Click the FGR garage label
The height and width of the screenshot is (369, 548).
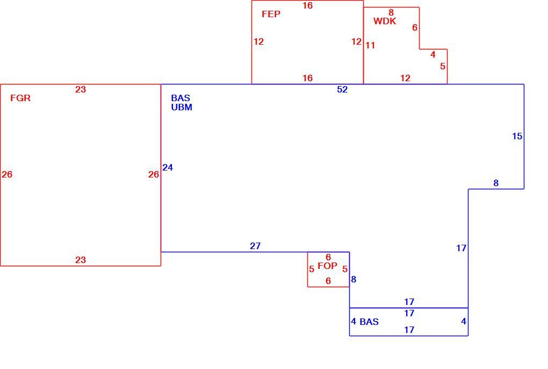pyautogui.click(x=20, y=98)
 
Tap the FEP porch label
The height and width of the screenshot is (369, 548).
pyautogui.click(x=271, y=14)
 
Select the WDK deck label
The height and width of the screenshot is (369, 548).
pyautogui.click(x=385, y=21)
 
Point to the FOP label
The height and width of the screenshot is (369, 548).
pyautogui.click(x=327, y=266)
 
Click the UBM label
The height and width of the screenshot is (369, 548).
pyautogui.click(x=182, y=107)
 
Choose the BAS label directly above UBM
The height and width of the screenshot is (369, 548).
pyautogui.click(x=181, y=98)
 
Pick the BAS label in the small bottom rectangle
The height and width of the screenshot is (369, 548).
pyautogui.click(x=369, y=322)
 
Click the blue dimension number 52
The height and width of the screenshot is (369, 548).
pyautogui.click(x=342, y=89)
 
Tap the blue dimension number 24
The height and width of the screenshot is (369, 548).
pyautogui.click(x=168, y=167)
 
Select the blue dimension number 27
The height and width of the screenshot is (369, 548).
pyautogui.click(x=255, y=246)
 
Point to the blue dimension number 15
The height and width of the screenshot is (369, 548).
pyautogui.click(x=517, y=137)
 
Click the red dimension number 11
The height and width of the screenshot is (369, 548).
pyautogui.click(x=370, y=46)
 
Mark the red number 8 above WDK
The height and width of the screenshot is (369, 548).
pyautogui.click(x=391, y=13)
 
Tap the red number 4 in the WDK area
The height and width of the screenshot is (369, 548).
pyautogui.click(x=432, y=54)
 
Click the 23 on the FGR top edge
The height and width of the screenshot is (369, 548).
pyautogui.click(x=81, y=89)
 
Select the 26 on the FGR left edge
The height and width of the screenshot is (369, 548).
pyautogui.click(x=7, y=174)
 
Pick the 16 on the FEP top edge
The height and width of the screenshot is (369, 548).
pyautogui.click(x=307, y=5)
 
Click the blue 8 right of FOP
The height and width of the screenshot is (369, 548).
pyautogui.click(x=354, y=280)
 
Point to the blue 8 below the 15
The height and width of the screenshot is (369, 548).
pyautogui.click(x=495, y=183)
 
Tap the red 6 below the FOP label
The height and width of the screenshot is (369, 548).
pyautogui.click(x=328, y=281)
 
